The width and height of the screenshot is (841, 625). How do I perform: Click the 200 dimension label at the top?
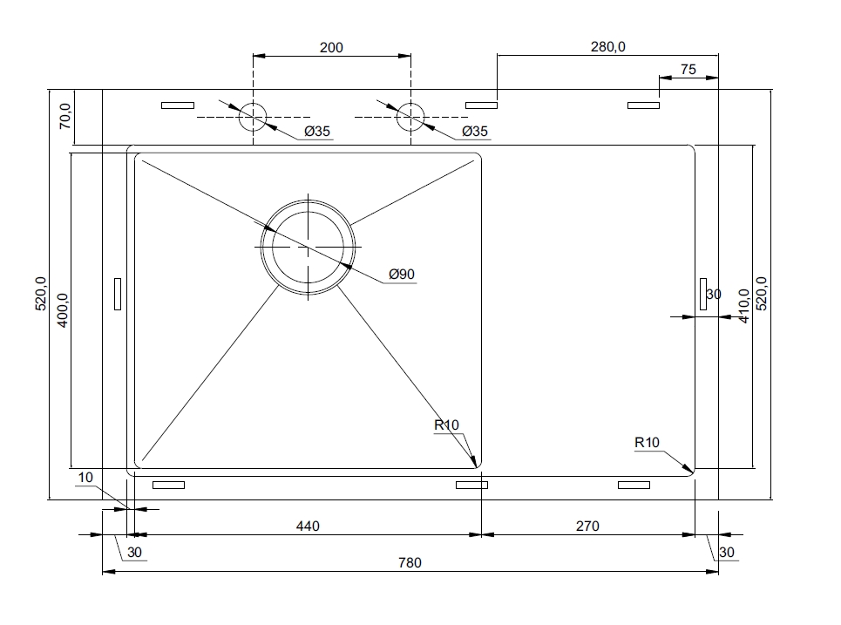[331, 48]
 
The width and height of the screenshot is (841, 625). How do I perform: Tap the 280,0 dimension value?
[608, 47]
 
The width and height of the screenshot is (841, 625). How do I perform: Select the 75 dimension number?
[688, 70]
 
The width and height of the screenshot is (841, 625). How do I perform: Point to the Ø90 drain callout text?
[402, 274]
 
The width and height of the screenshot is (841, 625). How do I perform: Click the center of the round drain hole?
[308, 247]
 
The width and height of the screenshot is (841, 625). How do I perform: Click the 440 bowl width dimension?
[308, 526]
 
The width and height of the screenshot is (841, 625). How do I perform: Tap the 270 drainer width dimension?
[587, 526]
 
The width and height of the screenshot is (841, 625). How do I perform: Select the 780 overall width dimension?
[410, 563]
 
